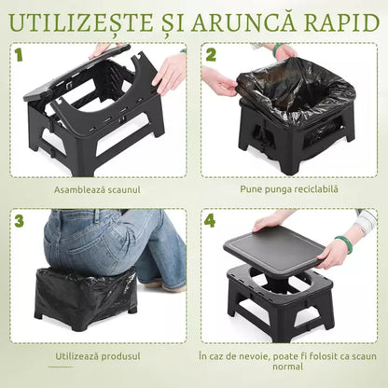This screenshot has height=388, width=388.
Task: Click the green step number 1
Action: [x=19, y=55]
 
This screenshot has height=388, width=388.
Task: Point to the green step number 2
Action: [x=211, y=55]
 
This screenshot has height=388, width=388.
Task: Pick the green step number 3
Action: [x=19, y=222]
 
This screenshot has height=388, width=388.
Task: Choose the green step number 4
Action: [x=211, y=222]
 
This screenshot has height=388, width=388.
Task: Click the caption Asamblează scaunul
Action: [x=97, y=189]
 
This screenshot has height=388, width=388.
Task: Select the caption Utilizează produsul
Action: [x=97, y=356]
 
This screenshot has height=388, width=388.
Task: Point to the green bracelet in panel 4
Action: [x=345, y=244]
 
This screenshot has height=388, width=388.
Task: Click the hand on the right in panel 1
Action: [x=170, y=72]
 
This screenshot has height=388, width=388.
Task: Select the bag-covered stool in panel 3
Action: [x=86, y=296]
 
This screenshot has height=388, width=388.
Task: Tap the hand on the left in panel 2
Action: [x=220, y=82]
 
